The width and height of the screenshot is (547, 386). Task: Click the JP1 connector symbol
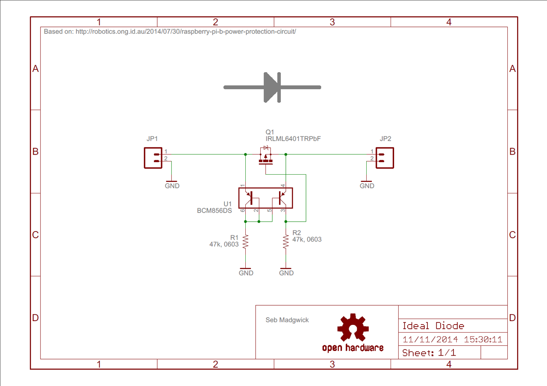[153, 158]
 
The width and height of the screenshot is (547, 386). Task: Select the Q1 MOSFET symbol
[266, 157]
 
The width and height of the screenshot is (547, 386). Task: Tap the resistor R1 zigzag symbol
[245, 242]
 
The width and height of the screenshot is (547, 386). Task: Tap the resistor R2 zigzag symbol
[285, 242]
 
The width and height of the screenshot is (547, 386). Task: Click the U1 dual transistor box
[265, 198]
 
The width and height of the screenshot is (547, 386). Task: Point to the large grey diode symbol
[272, 88]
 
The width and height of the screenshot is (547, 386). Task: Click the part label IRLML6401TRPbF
[293, 139]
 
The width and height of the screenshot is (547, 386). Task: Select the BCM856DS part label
[214, 211]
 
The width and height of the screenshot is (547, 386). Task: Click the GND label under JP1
[172, 186]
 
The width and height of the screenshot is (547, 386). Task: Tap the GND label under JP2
[367, 186]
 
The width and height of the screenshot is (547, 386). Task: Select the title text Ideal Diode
[433, 326]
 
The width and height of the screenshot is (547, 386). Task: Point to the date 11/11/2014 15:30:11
[452, 340]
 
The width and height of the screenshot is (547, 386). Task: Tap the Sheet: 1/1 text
[429, 353]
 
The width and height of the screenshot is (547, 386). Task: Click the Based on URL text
[170, 32]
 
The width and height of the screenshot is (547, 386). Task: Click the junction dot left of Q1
[245, 154]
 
